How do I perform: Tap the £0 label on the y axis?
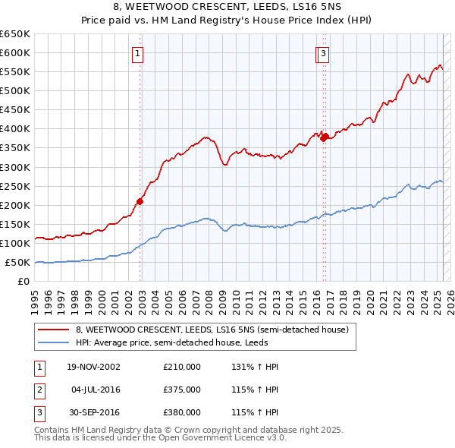24,282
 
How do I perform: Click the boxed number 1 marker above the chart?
138,53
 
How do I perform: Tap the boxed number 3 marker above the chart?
324,53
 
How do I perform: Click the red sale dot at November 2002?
140,201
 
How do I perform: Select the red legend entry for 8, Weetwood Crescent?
212,330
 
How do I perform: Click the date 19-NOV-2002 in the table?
94,367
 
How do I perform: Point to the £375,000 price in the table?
182,390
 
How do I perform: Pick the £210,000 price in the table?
182,367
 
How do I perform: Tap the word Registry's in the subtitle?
229,21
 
